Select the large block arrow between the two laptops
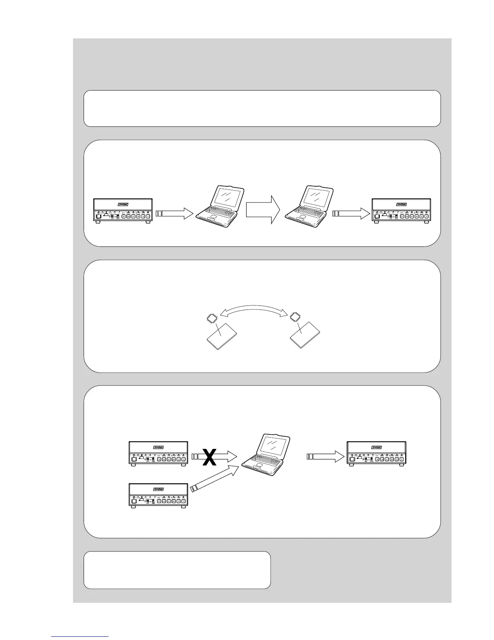(262, 210)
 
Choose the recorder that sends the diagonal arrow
(158, 496)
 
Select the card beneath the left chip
(222, 336)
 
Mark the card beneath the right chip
(306, 335)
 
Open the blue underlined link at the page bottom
(80, 637)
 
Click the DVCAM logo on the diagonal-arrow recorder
(158, 489)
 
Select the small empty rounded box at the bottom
(177, 570)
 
